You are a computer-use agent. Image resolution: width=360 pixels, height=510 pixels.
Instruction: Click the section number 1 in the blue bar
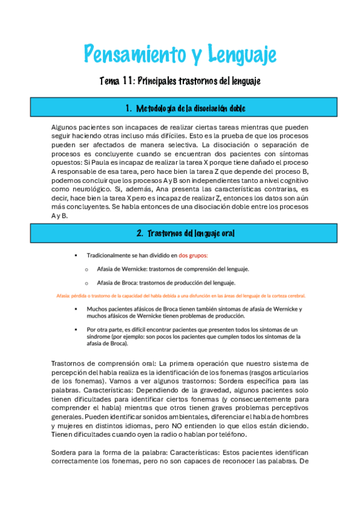click(129, 108)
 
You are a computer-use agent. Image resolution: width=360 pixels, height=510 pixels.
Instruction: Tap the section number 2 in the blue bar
click(139, 233)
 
